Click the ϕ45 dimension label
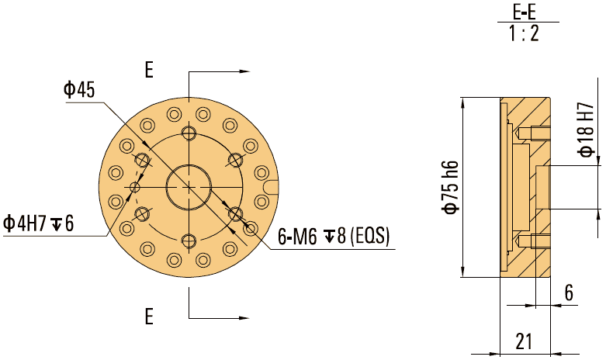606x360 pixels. [79, 90]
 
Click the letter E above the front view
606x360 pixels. [149, 71]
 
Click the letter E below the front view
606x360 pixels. [149, 316]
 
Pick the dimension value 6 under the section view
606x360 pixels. [569, 292]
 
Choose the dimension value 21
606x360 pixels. [525, 341]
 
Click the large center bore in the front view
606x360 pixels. [189, 187]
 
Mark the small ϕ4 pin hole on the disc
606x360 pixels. [135, 187]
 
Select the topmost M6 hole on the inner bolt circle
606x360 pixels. [189, 133]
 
